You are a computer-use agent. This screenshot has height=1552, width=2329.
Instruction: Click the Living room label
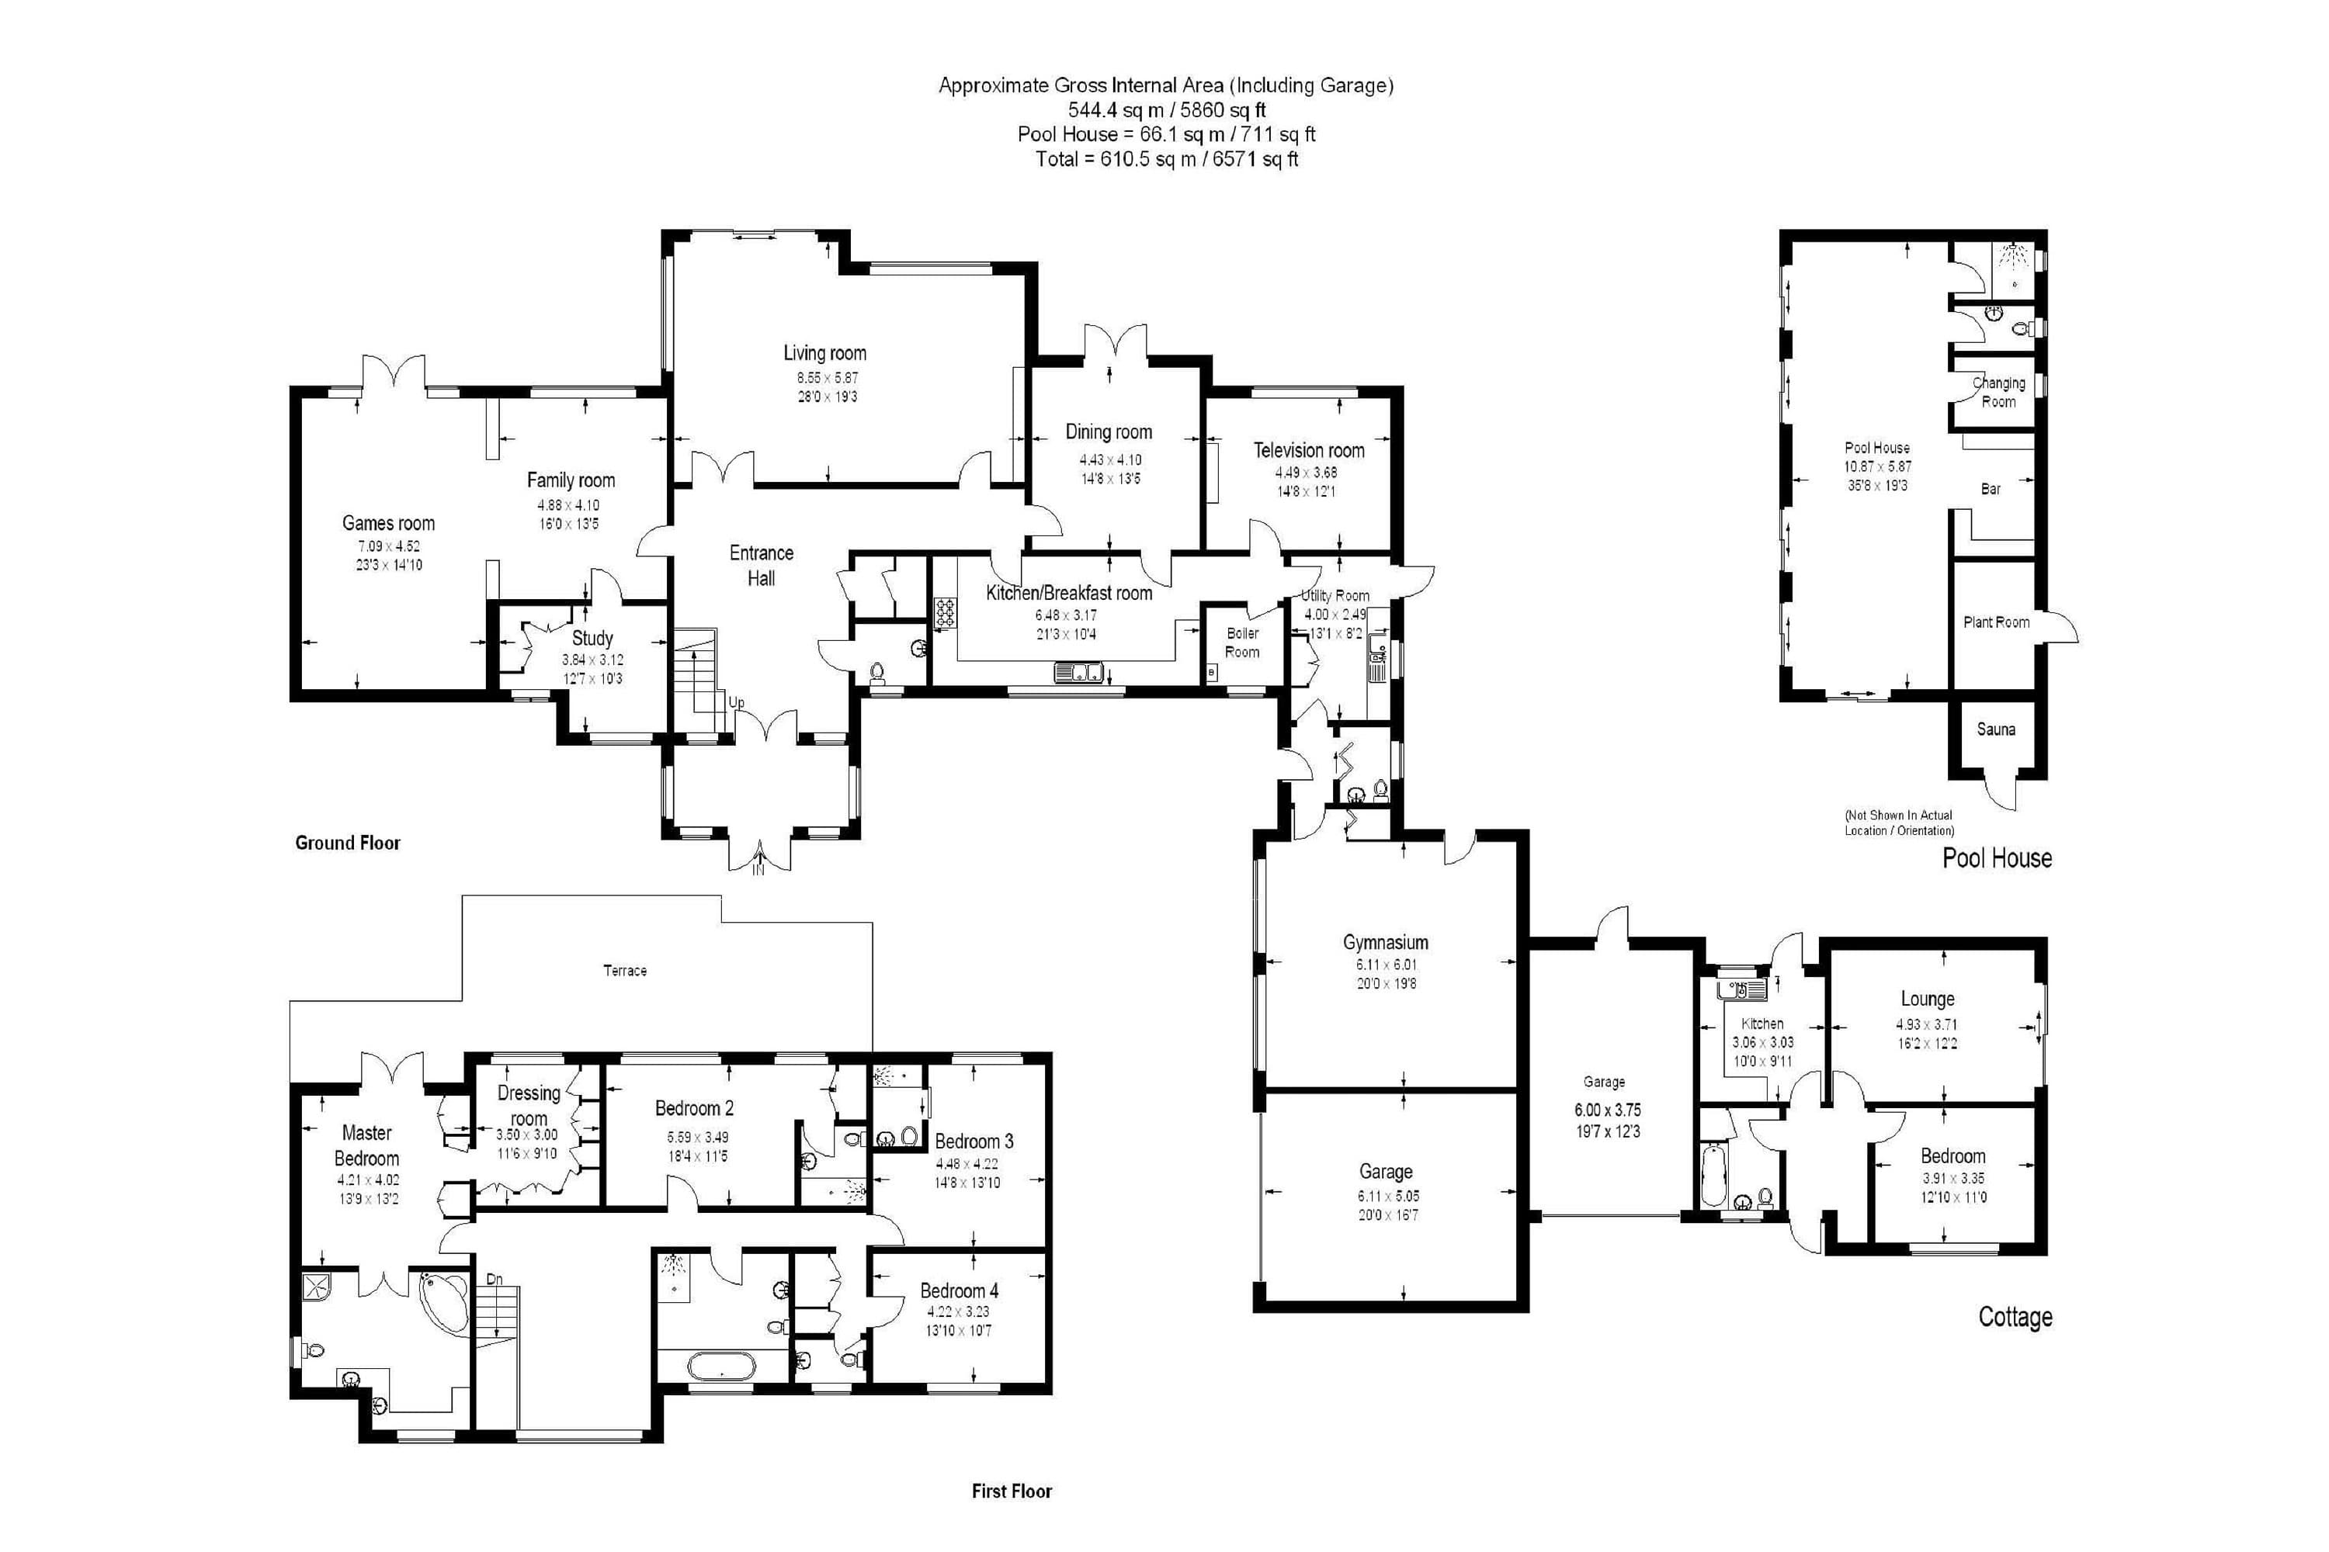(824, 353)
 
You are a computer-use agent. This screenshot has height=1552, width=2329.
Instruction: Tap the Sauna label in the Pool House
(1995, 729)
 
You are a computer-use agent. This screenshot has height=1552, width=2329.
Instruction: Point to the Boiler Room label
(1243, 643)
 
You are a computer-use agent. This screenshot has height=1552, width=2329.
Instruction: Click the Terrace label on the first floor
(625, 971)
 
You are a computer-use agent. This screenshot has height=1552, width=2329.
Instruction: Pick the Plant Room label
(1996, 622)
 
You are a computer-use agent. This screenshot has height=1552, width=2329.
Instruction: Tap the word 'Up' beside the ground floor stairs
(736, 703)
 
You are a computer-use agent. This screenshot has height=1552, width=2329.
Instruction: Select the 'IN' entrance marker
(758, 871)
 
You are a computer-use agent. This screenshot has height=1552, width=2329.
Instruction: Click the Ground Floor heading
(348, 844)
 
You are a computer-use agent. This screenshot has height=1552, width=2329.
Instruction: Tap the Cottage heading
(2015, 1318)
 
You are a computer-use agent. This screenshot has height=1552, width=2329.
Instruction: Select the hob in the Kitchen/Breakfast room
(945, 613)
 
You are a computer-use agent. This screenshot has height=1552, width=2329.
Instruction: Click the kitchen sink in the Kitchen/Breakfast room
(1079, 673)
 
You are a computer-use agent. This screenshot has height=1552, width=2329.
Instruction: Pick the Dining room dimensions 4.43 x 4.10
(1110, 460)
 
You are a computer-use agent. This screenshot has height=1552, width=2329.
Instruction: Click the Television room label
(1308, 450)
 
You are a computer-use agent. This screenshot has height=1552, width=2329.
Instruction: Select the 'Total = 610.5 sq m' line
(1167, 159)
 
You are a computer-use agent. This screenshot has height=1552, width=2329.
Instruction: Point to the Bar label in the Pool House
(1991, 489)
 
